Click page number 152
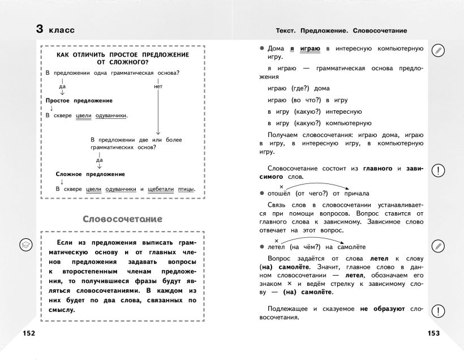(x=29, y=333)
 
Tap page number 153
(x=434, y=333)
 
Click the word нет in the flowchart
(x=158, y=87)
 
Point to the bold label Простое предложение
(x=79, y=100)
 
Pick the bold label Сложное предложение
(x=91, y=174)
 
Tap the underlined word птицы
(x=187, y=189)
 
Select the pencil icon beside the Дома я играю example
(x=437, y=50)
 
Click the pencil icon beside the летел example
(x=437, y=246)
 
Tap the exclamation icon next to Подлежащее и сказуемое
(x=437, y=310)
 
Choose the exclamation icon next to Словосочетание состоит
(x=437, y=171)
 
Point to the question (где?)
(x=302, y=88)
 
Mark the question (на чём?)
(x=308, y=247)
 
